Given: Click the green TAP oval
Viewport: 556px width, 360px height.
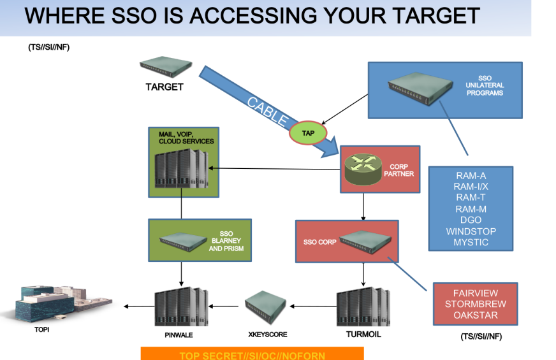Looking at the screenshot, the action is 308,133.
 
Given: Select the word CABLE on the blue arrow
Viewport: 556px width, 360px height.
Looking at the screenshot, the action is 268,112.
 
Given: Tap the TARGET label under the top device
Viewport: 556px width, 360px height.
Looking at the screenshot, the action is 165,87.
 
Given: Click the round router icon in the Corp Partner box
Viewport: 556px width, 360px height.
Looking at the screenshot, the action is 363,169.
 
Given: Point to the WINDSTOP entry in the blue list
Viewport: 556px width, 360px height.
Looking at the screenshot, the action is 471,231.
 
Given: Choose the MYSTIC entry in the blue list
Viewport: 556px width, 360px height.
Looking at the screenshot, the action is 471,242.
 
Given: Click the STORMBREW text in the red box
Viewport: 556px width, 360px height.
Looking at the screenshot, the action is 476,304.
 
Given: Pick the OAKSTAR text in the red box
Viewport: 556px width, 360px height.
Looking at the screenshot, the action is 476,315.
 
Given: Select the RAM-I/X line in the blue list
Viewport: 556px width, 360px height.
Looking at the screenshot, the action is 471,187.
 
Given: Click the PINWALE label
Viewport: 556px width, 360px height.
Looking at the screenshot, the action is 179,335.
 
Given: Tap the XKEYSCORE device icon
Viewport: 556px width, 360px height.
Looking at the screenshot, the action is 266,307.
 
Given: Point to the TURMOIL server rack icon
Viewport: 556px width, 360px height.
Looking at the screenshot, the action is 363,306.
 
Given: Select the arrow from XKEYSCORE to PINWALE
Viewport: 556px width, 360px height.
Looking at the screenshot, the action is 224,306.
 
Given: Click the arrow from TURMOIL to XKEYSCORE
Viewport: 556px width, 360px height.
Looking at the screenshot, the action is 313,306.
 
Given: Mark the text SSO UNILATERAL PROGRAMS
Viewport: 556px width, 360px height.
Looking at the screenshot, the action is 485,85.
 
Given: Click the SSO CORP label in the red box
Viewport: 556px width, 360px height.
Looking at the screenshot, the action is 319,242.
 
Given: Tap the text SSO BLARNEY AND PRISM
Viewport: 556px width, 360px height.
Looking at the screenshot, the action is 226,241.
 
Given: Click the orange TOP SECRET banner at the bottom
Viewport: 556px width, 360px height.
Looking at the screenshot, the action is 252,353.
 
